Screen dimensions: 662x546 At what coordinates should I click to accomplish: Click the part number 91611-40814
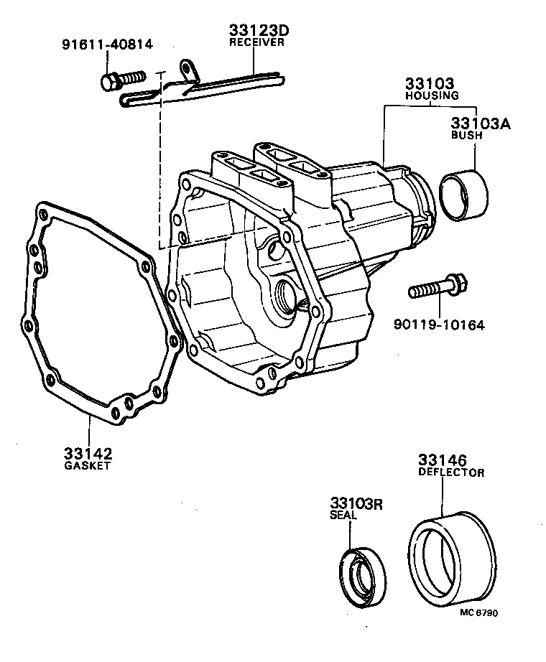pyautogui.click(x=106, y=45)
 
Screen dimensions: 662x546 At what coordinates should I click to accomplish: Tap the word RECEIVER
pyautogui.click(x=257, y=42)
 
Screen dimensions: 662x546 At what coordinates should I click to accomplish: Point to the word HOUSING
pyautogui.click(x=431, y=95)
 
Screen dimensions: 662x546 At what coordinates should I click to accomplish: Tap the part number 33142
pyautogui.click(x=88, y=454)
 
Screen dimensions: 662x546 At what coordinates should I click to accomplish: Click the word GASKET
pyautogui.click(x=88, y=466)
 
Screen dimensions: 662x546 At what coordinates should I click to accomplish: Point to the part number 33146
pyautogui.click(x=443, y=460)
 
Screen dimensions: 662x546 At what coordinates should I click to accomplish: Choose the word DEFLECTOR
pyautogui.click(x=451, y=472)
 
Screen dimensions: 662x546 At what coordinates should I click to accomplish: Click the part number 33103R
pyautogui.click(x=357, y=503)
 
